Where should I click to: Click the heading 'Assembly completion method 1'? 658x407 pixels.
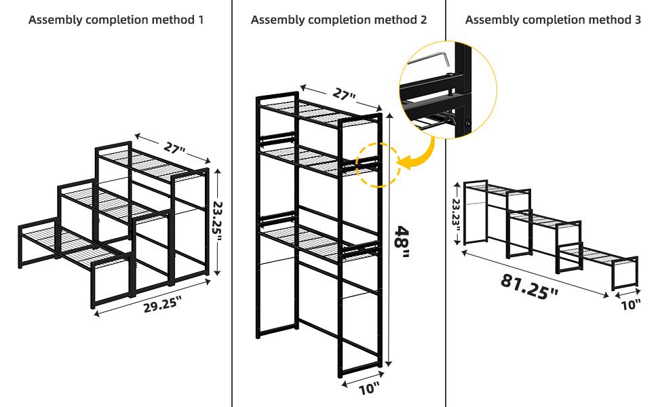pos(116,20)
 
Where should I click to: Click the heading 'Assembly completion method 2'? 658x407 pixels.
pos(338,20)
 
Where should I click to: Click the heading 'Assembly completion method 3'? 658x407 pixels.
pos(553,20)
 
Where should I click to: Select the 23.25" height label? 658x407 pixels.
pos(218,220)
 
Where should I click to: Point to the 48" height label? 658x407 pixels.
pos(402,242)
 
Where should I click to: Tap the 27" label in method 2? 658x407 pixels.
pos(344,94)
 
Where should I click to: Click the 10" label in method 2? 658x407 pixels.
pos(369,389)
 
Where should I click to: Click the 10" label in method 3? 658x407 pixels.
pos(631,304)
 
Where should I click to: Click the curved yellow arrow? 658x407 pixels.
pos(421,155)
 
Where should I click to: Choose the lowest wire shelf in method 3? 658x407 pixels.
pos(598,254)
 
